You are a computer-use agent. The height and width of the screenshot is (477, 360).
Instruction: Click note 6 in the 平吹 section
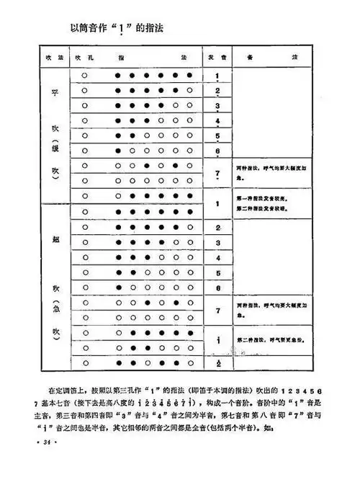[x=217, y=150]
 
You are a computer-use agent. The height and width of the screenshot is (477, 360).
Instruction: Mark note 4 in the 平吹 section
[x=217, y=120]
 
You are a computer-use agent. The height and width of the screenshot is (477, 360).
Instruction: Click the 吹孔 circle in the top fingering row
[x=85, y=74]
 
